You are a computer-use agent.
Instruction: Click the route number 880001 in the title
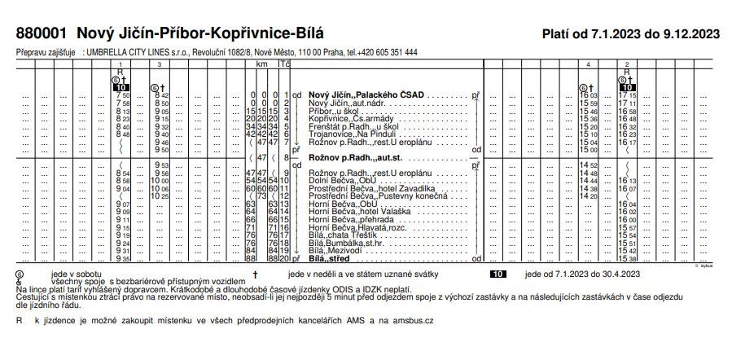(x=42, y=33)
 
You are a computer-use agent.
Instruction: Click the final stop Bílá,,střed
(x=332, y=258)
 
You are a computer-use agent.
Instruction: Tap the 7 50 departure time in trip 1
(x=123, y=95)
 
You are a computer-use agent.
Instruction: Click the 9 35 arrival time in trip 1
(x=123, y=258)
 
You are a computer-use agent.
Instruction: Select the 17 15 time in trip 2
(x=627, y=95)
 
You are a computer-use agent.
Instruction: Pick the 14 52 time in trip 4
(x=588, y=165)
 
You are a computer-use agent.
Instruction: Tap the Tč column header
(x=284, y=63)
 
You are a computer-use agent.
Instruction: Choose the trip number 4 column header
(x=588, y=64)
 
